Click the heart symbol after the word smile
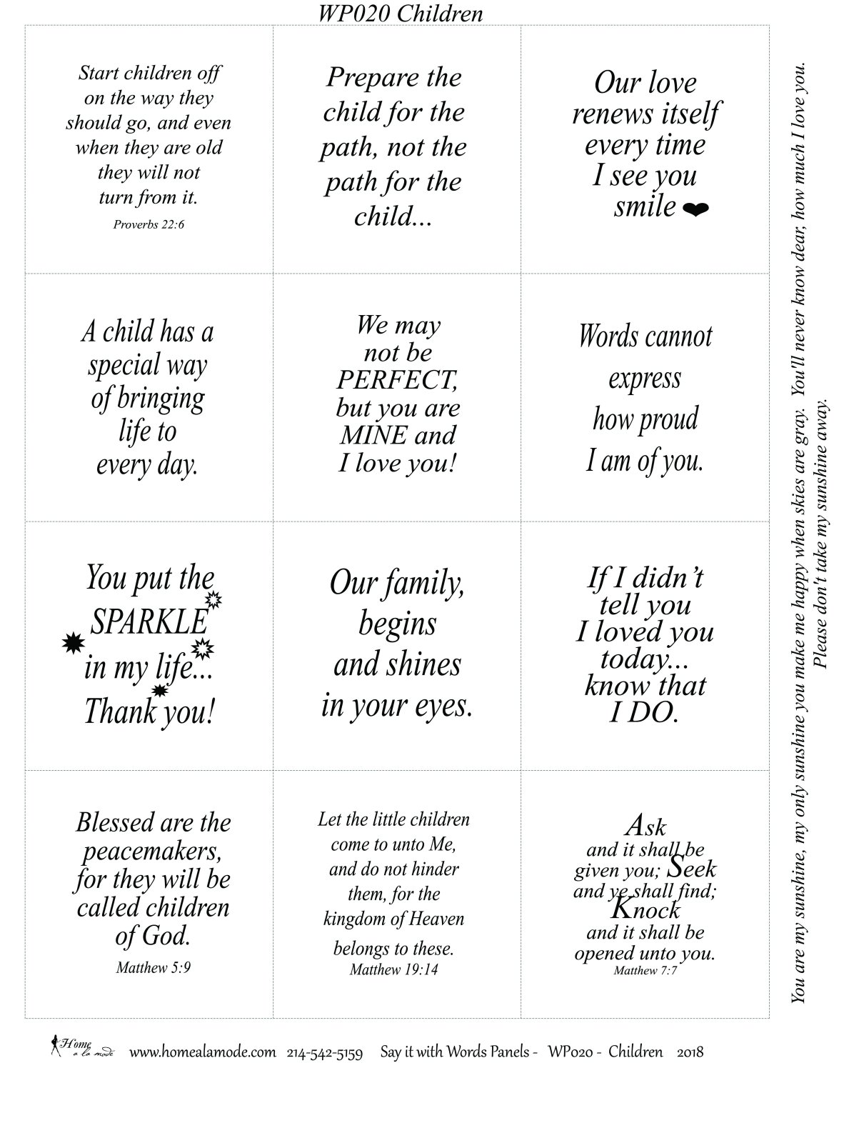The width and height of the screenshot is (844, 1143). pyautogui.click(x=695, y=209)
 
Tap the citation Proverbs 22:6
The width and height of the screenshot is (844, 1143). pyautogui.click(x=149, y=224)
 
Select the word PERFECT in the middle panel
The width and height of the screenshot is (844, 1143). pyautogui.click(x=397, y=380)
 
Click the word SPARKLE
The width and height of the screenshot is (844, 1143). pyautogui.click(x=149, y=622)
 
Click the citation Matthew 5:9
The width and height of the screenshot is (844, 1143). pyautogui.click(x=153, y=968)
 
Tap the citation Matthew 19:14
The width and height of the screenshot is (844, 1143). pyautogui.click(x=393, y=969)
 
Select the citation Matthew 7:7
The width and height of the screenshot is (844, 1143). pyautogui.click(x=645, y=970)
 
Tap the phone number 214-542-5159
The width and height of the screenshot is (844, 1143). pyautogui.click(x=325, y=1052)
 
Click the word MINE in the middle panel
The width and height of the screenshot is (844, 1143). pyautogui.click(x=373, y=435)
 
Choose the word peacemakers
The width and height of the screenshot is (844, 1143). pyautogui.click(x=152, y=851)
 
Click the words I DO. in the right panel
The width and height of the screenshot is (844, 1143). pyautogui.click(x=643, y=712)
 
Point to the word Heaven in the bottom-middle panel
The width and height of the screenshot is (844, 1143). pyautogui.click(x=434, y=919)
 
